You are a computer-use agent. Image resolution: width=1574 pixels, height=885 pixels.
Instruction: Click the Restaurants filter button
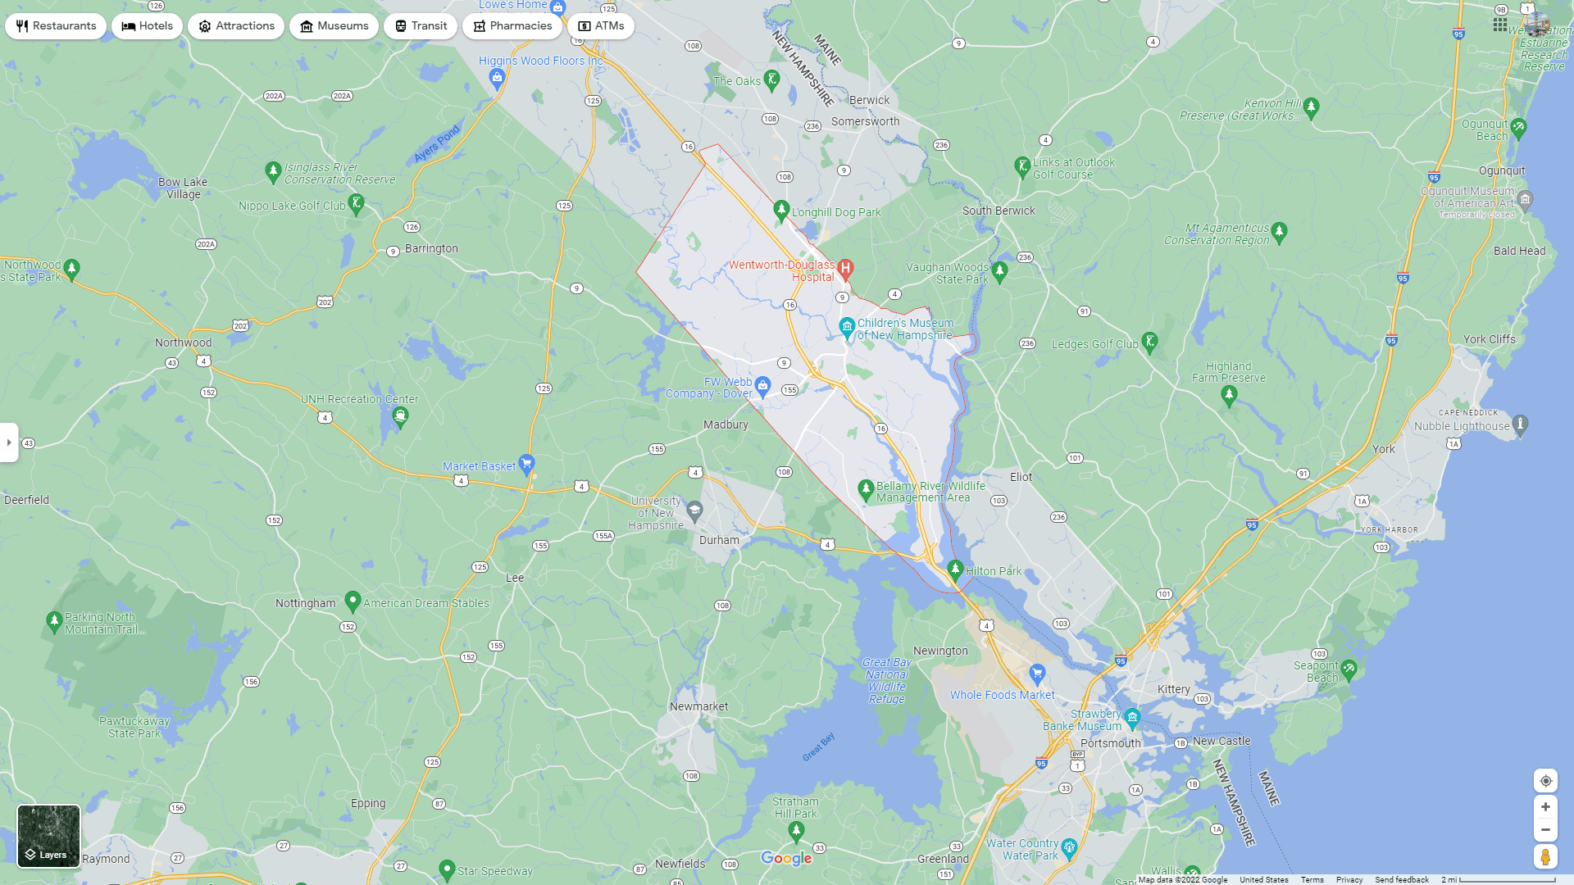(x=56, y=26)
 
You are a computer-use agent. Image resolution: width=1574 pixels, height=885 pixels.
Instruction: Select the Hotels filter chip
(x=148, y=26)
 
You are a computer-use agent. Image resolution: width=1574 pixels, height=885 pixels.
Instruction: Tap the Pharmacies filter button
(x=512, y=26)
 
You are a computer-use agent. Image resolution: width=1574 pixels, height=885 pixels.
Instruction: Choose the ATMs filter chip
(x=601, y=26)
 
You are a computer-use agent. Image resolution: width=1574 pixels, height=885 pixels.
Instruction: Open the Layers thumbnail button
(x=49, y=836)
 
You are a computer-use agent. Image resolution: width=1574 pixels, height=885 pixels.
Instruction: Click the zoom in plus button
(x=1545, y=807)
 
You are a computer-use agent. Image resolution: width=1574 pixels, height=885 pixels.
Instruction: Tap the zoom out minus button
(x=1545, y=830)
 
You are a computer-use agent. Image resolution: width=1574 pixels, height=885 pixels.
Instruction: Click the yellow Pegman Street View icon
(x=1545, y=857)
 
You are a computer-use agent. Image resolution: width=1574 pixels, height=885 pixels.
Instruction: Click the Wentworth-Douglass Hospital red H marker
(x=846, y=268)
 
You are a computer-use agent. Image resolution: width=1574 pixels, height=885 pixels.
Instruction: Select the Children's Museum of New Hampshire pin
(x=847, y=327)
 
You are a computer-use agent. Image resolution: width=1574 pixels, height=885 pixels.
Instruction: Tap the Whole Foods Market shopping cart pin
(x=1037, y=674)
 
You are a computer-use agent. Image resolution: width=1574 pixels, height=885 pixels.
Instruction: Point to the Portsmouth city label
(x=1110, y=743)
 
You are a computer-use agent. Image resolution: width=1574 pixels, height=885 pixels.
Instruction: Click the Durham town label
(x=719, y=540)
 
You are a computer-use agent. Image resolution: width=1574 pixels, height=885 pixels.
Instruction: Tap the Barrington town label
(x=431, y=248)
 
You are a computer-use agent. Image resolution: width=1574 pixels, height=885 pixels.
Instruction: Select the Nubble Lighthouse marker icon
(x=1521, y=424)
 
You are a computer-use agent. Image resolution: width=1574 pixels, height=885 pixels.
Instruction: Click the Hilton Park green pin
(x=955, y=569)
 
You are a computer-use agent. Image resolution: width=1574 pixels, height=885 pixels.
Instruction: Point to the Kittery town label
(x=1173, y=689)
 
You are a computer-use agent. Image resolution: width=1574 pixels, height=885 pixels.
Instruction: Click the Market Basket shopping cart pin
(x=526, y=464)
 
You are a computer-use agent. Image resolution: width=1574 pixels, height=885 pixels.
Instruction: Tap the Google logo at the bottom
(x=786, y=858)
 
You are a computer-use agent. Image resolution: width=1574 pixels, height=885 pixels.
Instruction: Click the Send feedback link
(x=1402, y=879)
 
